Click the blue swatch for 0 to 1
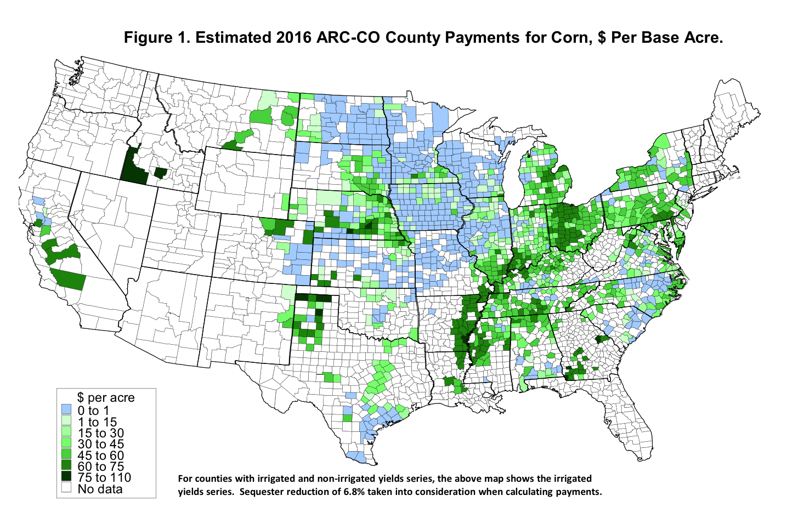[67, 410]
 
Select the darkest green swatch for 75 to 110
[67, 477]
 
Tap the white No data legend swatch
[67, 488]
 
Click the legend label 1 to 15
[97, 422]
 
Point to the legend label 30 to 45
[100, 444]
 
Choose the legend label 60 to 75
[100, 466]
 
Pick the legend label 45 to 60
[100, 455]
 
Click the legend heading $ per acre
[106, 397]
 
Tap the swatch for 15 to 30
[67, 432]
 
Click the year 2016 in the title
[295, 38]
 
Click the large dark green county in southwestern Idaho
[132, 167]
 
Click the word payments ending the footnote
[580, 492]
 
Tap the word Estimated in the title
[234, 38]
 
